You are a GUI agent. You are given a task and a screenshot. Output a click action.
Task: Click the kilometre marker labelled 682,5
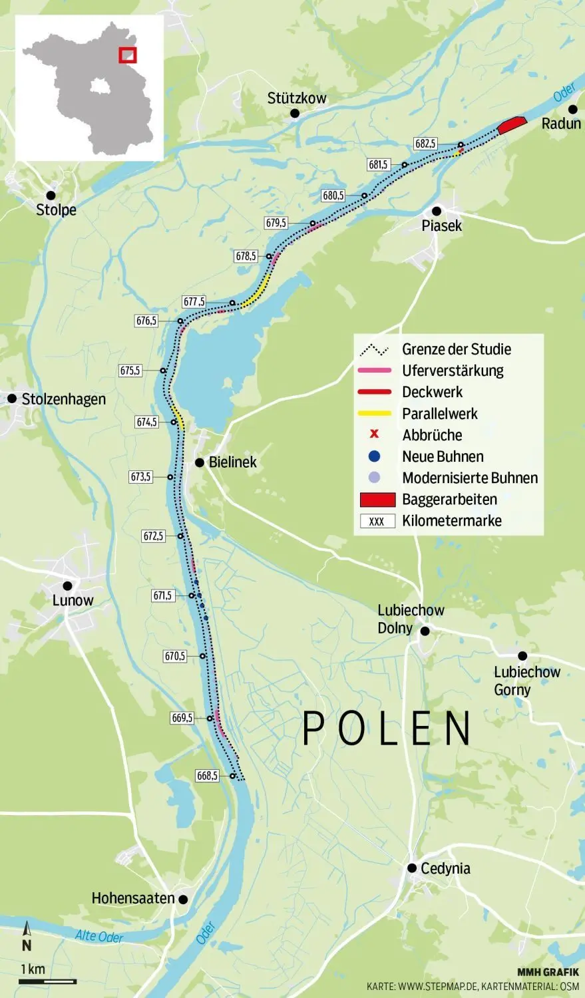click(425, 143)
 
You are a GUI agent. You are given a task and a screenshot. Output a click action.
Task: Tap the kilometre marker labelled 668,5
click(207, 776)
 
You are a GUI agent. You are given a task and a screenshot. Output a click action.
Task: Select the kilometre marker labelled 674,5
click(146, 422)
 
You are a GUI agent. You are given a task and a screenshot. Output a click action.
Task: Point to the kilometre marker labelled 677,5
click(194, 302)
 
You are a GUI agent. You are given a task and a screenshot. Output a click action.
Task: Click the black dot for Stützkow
click(295, 114)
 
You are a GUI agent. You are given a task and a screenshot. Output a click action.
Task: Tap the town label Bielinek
click(232, 462)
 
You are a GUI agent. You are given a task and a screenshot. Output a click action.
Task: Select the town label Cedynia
click(445, 868)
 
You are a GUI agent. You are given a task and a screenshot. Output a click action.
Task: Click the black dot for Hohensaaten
click(183, 899)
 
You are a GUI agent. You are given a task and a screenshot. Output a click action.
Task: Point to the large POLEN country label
click(387, 729)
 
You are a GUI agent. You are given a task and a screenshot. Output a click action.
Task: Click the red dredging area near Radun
click(511, 124)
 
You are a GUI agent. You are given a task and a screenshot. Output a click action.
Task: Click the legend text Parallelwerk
click(440, 414)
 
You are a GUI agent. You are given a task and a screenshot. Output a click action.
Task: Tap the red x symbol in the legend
click(374, 435)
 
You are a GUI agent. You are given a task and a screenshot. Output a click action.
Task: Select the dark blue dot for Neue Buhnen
click(374, 456)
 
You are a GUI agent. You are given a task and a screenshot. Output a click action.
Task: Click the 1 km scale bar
click(48, 981)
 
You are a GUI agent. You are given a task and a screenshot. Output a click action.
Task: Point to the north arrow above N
click(27, 929)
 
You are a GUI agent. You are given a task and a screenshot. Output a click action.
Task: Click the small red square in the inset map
click(127, 55)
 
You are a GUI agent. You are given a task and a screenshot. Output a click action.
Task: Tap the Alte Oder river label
click(99, 936)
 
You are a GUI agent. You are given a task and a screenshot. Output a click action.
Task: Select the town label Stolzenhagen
click(63, 399)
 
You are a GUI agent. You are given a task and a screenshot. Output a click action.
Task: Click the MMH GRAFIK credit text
click(548, 972)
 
